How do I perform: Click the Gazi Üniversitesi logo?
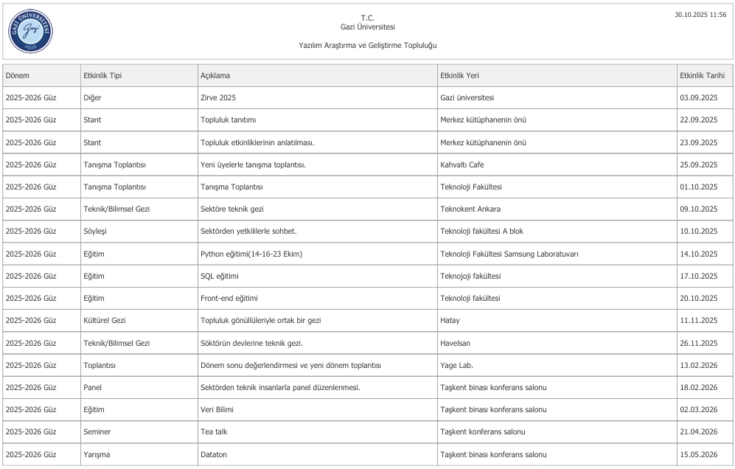pyautogui.click(x=31, y=30)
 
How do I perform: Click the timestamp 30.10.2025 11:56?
pyautogui.click(x=700, y=15)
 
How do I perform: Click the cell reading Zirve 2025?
pyautogui.click(x=218, y=97)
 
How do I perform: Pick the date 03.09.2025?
pyautogui.click(x=698, y=97)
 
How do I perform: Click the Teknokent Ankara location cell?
pyautogui.click(x=470, y=209)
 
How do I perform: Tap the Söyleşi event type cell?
pyautogui.click(x=95, y=231)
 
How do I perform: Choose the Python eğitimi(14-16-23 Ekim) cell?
pyautogui.click(x=251, y=254)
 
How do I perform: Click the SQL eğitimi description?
pyautogui.click(x=219, y=276)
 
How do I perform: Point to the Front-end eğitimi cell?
pyautogui.click(x=229, y=298)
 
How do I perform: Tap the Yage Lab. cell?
pyautogui.click(x=456, y=365)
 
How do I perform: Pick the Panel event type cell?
pyautogui.click(x=93, y=387)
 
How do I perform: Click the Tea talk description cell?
pyautogui.click(x=215, y=432)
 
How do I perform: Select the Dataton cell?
pyautogui.click(x=214, y=454)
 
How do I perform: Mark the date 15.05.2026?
pyautogui.click(x=698, y=454)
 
